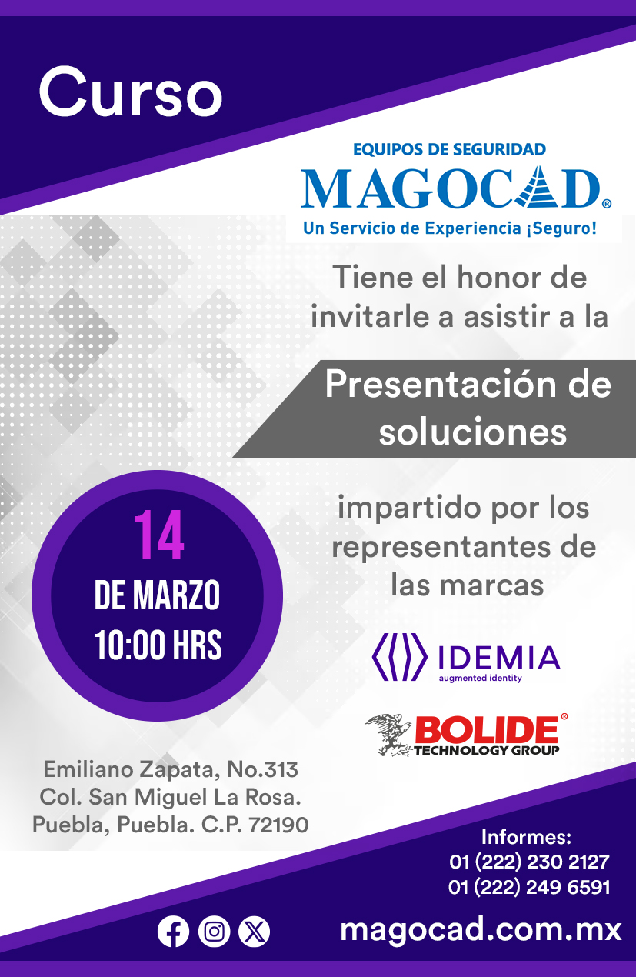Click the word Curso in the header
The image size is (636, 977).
pos(131,93)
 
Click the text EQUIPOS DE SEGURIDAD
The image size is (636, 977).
pos(449,149)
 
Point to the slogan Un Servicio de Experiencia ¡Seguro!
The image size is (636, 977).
pos(450,228)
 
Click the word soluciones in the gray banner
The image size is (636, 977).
pos(473,432)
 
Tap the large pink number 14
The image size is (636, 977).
pos(158,535)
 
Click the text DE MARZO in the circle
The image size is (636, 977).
pos(157,595)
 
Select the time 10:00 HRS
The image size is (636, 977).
pos(158,645)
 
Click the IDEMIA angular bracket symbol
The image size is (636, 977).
pos(399,657)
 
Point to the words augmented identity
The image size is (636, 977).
pos(480,679)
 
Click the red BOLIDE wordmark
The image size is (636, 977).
pos(487,729)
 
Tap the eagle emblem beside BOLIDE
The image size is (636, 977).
pos(388,735)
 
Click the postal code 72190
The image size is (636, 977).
pos(278,825)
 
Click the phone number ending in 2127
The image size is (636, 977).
pos(529,862)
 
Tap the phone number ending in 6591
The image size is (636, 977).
pos(529,888)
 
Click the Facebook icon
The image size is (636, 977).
pos(173,932)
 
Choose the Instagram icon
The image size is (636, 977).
pos(214,932)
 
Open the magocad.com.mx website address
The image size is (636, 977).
pos(481,930)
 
